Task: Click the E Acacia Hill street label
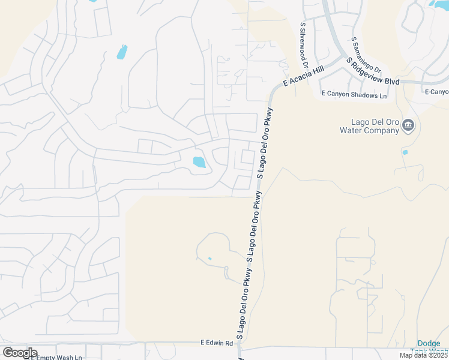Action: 303,77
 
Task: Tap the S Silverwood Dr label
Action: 304,46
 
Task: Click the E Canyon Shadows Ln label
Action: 354,94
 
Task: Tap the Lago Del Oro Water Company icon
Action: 408,125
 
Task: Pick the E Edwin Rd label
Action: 216,343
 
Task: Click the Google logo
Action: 19,353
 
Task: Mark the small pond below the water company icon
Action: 405,152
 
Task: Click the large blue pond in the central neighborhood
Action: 198,161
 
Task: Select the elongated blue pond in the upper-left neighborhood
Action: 122,52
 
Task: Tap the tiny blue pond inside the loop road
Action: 209,259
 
